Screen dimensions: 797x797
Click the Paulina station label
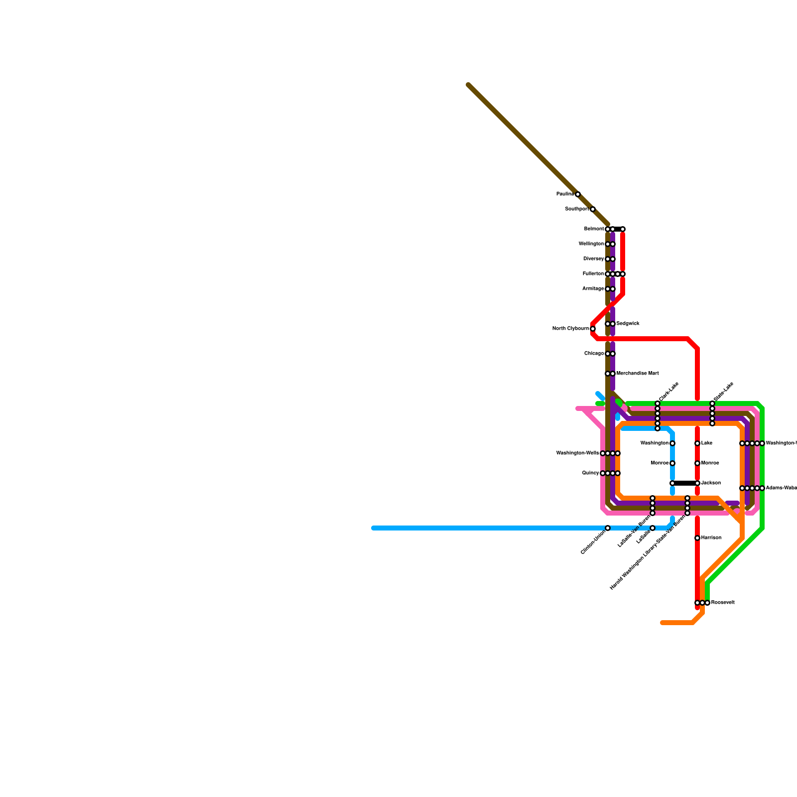(565, 194)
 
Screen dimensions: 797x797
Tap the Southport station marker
(593, 209)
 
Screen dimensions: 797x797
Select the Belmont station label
(594, 229)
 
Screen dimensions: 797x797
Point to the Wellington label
(591, 244)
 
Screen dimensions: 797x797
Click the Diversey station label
(593, 259)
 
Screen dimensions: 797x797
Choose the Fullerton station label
(593, 274)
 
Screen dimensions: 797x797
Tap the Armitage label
(593, 289)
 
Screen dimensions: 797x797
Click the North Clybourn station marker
(593, 329)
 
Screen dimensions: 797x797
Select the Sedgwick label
(628, 324)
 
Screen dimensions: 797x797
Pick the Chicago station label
(594, 354)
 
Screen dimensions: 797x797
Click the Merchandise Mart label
(638, 374)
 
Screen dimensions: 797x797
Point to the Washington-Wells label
(577, 453)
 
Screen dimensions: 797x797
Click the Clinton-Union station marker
(608, 528)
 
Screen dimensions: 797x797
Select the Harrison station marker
(697, 538)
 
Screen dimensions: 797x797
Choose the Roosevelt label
(723, 603)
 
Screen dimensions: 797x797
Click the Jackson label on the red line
(711, 483)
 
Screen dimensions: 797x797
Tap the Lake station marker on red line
(697, 443)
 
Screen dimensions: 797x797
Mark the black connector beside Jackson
(685, 483)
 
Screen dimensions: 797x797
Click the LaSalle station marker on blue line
(653, 528)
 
